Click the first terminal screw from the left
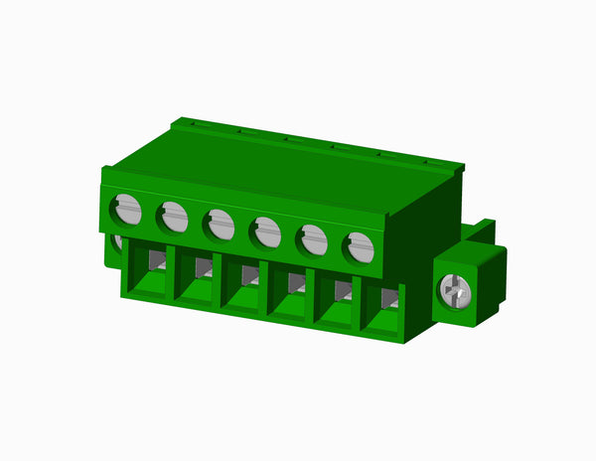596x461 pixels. pos(127,210)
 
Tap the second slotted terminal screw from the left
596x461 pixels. pos(174,217)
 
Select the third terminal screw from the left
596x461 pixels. pos(221,224)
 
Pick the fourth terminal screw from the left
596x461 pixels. pos(266,231)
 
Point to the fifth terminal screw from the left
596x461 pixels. pos(314,239)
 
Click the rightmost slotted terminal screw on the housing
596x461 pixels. pos(360,247)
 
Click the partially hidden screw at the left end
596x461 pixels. pos(116,241)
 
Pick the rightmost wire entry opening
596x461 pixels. pos(381,310)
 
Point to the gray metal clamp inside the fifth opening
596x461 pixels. pos(342,290)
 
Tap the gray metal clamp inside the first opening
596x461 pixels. pos(157,259)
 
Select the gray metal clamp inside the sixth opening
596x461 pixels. pos(389,298)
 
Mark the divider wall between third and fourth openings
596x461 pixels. pos(265,289)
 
